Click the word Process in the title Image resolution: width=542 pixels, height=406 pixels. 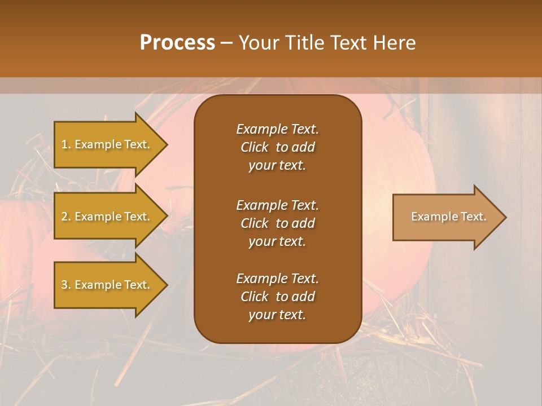(x=177, y=43)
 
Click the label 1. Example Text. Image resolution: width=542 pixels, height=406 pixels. (x=106, y=144)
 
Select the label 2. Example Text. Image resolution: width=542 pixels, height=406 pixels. (x=106, y=217)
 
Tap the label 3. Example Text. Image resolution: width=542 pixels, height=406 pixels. (x=106, y=285)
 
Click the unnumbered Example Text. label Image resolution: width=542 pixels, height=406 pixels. (x=448, y=217)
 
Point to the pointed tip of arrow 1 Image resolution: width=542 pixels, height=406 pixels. (x=167, y=144)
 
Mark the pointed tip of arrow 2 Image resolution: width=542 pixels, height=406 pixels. (x=167, y=217)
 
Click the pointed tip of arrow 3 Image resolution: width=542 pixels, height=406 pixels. (x=167, y=285)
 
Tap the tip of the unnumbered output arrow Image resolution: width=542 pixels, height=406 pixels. (x=505, y=217)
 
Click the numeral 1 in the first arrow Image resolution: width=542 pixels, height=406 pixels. (x=64, y=144)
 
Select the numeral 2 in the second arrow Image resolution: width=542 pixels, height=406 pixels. (x=64, y=217)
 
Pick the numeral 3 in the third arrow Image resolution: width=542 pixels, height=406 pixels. (x=64, y=285)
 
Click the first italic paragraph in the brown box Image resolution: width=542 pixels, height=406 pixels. (x=277, y=147)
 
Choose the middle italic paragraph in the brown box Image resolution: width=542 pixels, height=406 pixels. (x=277, y=223)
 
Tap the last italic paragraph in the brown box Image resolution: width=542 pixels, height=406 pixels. (x=277, y=297)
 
